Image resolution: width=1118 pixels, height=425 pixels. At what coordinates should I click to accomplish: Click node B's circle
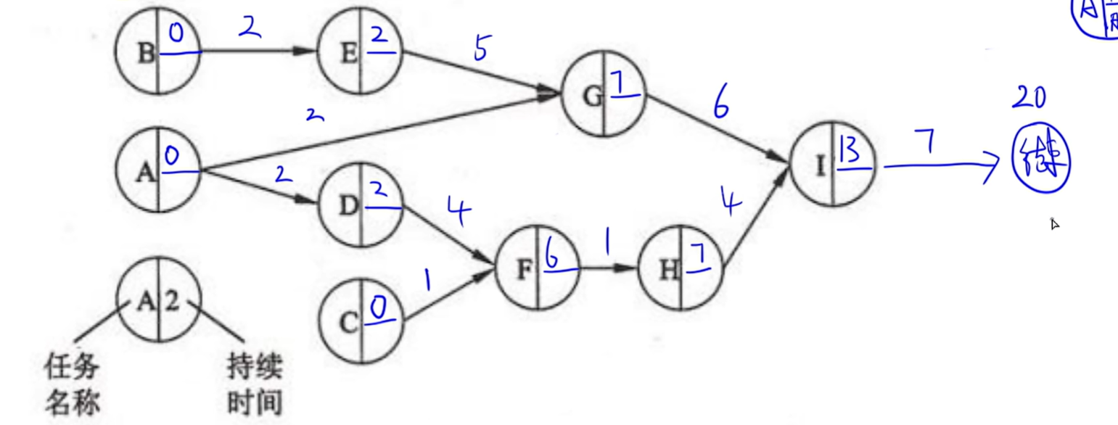coord(158,53)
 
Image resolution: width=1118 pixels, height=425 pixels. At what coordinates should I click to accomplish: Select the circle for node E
coord(361,53)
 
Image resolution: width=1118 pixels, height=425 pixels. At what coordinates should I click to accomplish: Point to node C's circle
coord(361,322)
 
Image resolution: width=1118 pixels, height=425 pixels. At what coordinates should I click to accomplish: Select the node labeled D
coord(361,207)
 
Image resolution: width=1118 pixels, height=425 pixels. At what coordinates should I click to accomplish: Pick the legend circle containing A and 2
coord(158,302)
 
